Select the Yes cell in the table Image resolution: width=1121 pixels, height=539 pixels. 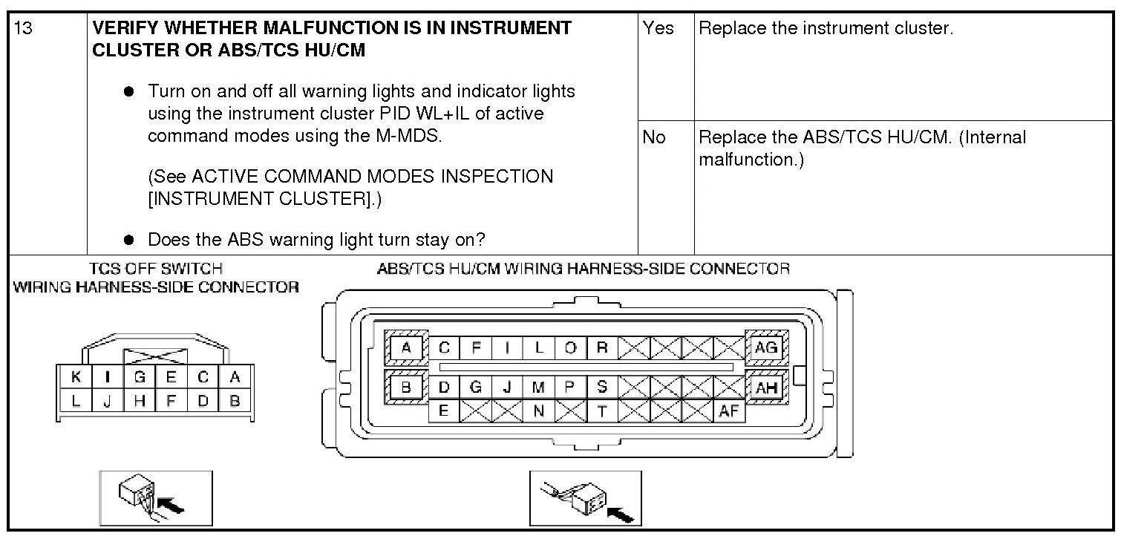[658, 29]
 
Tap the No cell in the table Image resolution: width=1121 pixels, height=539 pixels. [655, 138]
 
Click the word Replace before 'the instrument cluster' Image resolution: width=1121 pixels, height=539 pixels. [731, 29]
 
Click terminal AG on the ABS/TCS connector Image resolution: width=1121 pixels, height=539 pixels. [765, 347]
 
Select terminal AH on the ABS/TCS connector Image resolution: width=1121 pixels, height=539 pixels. [765, 387]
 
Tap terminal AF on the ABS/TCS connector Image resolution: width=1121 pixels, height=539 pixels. [729, 411]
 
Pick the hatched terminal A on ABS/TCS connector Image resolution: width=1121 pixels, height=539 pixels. [406, 347]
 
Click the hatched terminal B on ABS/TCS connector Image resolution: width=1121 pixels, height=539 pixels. [406, 387]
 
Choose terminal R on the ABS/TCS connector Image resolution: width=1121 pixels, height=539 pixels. [602, 347]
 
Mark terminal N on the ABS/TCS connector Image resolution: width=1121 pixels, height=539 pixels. [539, 411]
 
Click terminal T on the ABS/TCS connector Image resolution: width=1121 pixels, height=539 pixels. [602, 411]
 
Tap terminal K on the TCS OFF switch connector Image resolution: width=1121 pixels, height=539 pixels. [76, 377]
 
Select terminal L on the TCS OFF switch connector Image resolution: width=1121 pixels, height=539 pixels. [76, 402]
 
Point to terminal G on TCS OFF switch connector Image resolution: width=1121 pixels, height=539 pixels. [139, 377]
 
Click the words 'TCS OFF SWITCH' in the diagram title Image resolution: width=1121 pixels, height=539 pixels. [155, 268]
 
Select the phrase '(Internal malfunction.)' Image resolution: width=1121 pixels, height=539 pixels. [861, 148]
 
